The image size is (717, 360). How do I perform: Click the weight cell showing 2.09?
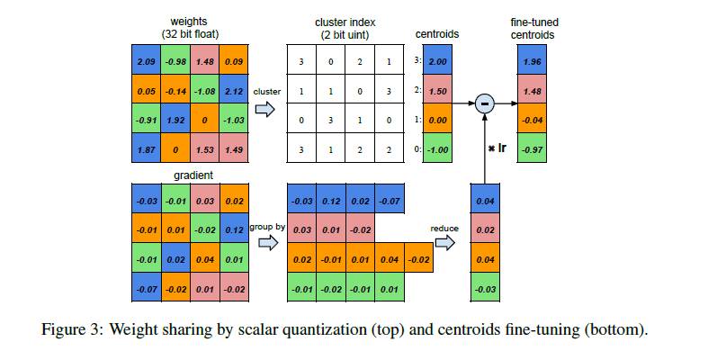[145, 61]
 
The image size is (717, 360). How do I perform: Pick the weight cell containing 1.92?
[174, 120]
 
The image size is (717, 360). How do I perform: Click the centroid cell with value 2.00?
[438, 61]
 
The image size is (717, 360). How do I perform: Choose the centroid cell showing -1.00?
[438, 148]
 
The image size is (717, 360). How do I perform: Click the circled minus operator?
[485, 105]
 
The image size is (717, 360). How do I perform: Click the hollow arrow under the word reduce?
[444, 243]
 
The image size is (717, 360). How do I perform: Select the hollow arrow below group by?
[266, 243]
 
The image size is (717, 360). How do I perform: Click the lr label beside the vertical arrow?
[495, 147]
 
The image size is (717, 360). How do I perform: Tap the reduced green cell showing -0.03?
[484, 288]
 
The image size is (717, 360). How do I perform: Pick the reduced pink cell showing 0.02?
[484, 229]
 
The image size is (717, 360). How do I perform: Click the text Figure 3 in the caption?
[71, 329]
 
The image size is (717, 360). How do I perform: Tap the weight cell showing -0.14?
[174, 91]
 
